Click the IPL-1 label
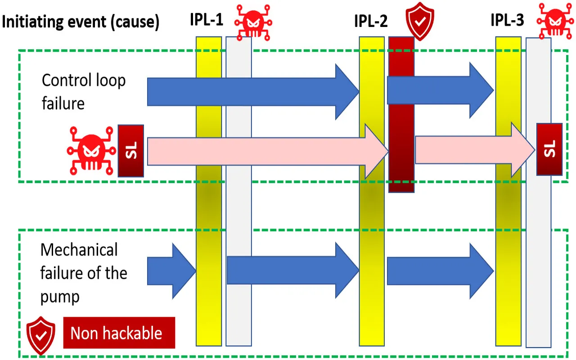point(207,20)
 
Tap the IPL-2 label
point(371,21)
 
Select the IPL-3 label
point(508,20)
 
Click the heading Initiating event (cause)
point(81,22)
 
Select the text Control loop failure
point(84,92)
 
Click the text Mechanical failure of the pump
point(84,273)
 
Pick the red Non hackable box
point(119,333)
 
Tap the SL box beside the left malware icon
point(130,151)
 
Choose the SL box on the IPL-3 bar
point(549,149)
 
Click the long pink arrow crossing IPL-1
point(265,151)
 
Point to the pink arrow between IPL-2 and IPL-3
point(472,150)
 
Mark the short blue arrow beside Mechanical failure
point(171,271)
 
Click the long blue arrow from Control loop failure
point(252,92)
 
